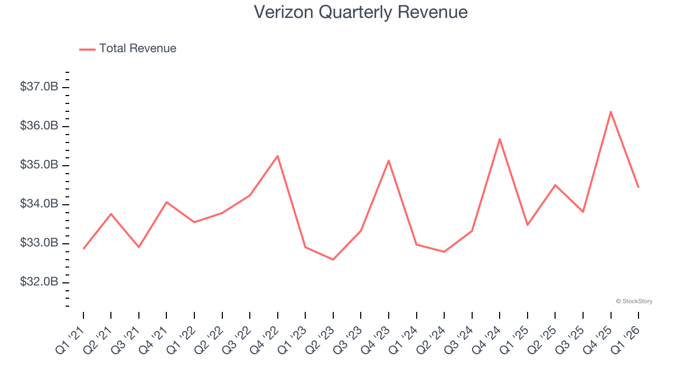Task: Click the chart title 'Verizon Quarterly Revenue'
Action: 361,12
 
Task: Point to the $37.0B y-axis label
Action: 39,87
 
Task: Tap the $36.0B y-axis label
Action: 39,126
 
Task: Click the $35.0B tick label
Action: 39,165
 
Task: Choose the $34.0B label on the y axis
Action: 39,204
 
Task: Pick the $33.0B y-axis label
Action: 39,243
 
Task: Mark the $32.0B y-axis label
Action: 39,282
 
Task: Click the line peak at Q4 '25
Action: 611,111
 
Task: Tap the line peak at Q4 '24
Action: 500,139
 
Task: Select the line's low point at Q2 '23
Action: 333,260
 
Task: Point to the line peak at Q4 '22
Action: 277,156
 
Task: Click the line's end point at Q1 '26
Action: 638,187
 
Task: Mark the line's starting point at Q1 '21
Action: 83,249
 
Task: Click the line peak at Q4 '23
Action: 389,160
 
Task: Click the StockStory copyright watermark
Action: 634,301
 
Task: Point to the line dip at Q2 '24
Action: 444,252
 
